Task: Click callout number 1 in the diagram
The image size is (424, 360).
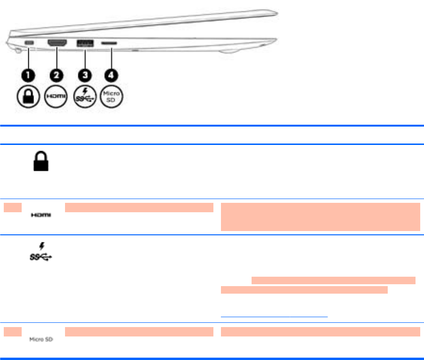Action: (29, 75)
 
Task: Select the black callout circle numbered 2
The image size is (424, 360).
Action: (57, 75)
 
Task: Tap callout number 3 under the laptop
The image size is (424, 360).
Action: (85, 75)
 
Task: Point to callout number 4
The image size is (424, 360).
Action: (113, 75)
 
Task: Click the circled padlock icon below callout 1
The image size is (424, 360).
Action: (29, 97)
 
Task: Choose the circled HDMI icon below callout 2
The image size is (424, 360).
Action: (57, 97)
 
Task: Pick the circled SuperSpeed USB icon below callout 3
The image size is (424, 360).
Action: (85, 97)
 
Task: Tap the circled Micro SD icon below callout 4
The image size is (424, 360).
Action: (113, 97)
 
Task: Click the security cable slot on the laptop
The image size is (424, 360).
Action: (30, 43)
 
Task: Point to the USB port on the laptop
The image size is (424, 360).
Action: (85, 43)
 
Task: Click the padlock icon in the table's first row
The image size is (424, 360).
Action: (41, 162)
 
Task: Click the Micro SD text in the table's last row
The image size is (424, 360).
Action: (41, 339)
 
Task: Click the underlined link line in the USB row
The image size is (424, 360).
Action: (274, 317)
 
